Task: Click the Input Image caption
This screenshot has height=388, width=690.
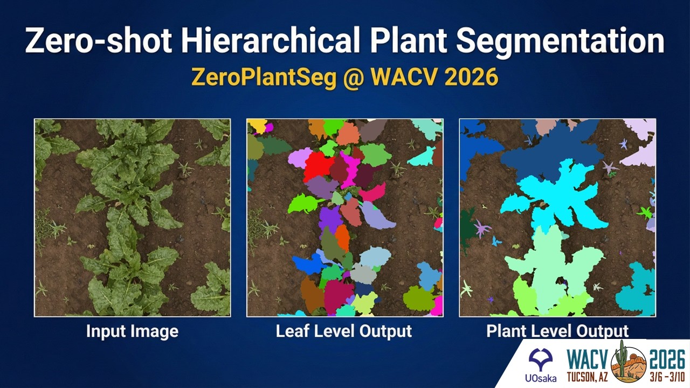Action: (x=132, y=331)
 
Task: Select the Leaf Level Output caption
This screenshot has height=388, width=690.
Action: (x=344, y=331)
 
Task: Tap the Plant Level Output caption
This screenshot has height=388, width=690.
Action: (x=557, y=331)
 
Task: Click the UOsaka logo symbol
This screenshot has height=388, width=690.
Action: (x=540, y=358)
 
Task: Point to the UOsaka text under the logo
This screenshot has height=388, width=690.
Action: (x=540, y=377)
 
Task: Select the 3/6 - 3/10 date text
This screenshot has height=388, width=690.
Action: (x=667, y=376)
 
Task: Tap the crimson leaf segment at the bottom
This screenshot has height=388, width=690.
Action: (x=338, y=296)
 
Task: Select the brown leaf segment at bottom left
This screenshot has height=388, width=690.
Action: (x=312, y=294)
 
